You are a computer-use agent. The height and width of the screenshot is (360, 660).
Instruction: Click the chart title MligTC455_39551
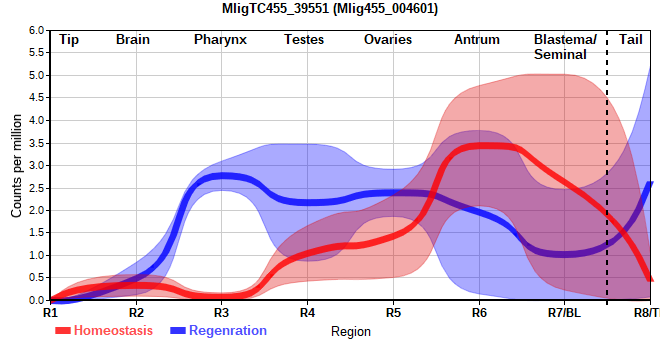[275, 8]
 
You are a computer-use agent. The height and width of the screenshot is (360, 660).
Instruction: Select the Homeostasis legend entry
[104, 331]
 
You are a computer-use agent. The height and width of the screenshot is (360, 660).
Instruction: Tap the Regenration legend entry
[218, 331]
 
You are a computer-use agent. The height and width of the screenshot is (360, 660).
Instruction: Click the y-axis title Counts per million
[16, 166]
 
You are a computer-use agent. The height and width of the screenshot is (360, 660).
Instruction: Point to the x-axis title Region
[351, 332]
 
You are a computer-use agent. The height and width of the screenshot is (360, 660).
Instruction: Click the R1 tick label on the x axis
[50, 313]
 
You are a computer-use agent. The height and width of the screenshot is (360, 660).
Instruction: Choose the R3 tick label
[221, 313]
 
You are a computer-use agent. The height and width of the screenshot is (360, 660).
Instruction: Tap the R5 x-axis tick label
[393, 313]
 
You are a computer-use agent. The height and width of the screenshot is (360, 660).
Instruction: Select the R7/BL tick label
[564, 313]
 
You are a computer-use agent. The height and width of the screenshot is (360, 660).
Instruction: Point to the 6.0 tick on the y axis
[36, 30]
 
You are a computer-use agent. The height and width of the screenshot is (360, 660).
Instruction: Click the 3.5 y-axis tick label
[36, 143]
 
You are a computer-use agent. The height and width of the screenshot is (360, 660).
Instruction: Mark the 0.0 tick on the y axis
[36, 300]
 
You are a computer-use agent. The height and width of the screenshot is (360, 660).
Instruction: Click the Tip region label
[69, 40]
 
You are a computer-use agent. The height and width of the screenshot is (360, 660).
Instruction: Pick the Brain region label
[133, 40]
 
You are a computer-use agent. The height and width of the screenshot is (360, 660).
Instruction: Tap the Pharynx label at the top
[220, 40]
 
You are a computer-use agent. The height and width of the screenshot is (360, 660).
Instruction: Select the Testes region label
[304, 40]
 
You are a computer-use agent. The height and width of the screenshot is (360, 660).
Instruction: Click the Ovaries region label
[388, 40]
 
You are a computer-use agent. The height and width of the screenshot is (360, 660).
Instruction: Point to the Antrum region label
[477, 40]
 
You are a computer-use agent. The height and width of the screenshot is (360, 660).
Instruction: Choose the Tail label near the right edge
[631, 40]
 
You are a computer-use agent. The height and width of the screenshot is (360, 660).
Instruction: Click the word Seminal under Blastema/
[560, 55]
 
